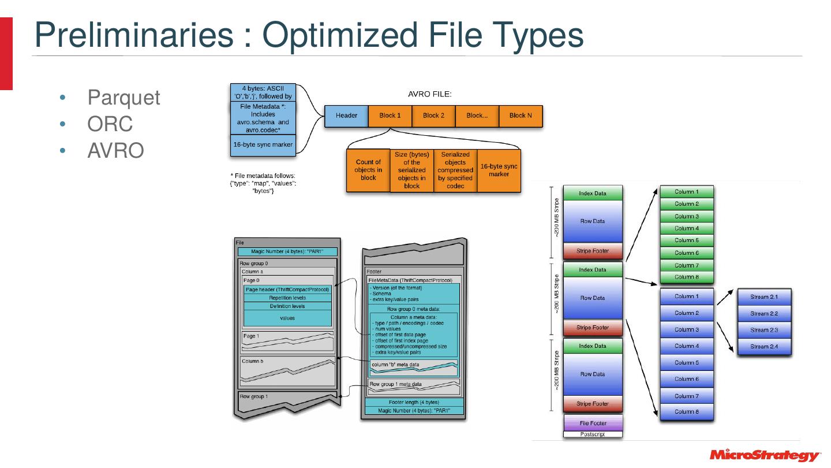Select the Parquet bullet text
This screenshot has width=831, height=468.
click(x=123, y=98)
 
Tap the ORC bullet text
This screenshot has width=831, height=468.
click(x=110, y=124)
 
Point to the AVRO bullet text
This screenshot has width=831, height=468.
click(x=115, y=150)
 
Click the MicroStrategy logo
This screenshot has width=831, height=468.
click(x=765, y=455)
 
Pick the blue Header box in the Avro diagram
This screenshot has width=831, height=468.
click(x=346, y=116)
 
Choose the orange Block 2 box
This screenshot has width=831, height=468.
click(x=433, y=116)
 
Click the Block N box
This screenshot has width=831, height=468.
click(x=521, y=116)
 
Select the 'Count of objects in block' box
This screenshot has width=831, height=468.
click(x=368, y=170)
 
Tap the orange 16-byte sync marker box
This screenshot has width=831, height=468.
click(x=499, y=170)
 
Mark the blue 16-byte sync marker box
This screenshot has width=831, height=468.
click(x=263, y=144)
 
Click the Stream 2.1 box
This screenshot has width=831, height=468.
click(x=764, y=297)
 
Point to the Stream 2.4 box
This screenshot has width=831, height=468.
click(x=764, y=347)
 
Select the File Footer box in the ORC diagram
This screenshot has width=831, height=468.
click(x=593, y=423)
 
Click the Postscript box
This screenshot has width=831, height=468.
click(x=593, y=434)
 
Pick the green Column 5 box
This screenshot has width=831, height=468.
click(x=686, y=240)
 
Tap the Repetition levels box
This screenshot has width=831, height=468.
click(x=287, y=298)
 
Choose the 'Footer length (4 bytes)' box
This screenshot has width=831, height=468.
click(x=414, y=402)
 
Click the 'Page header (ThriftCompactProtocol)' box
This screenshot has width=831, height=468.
click(x=287, y=289)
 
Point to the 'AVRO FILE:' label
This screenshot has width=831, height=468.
click(x=429, y=94)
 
